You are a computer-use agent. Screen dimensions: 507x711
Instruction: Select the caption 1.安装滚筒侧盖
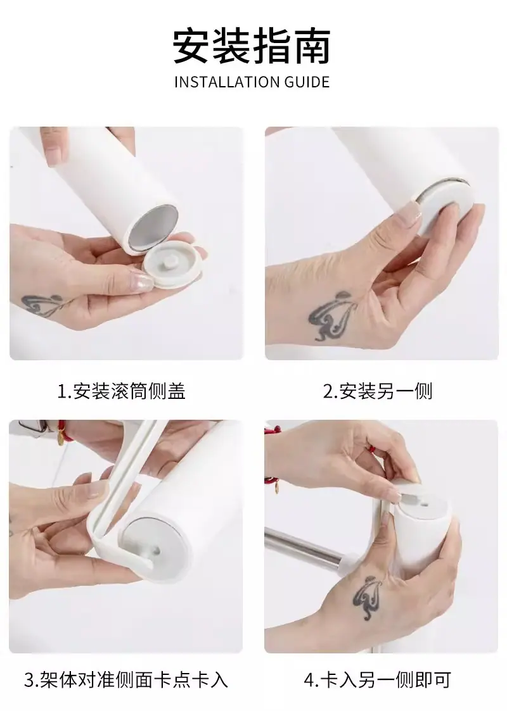[x=121, y=391]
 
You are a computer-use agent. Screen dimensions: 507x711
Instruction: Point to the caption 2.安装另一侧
[x=378, y=391]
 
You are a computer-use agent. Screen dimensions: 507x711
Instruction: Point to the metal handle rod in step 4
[x=306, y=547]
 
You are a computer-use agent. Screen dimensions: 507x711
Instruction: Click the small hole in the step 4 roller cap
[x=426, y=503]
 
